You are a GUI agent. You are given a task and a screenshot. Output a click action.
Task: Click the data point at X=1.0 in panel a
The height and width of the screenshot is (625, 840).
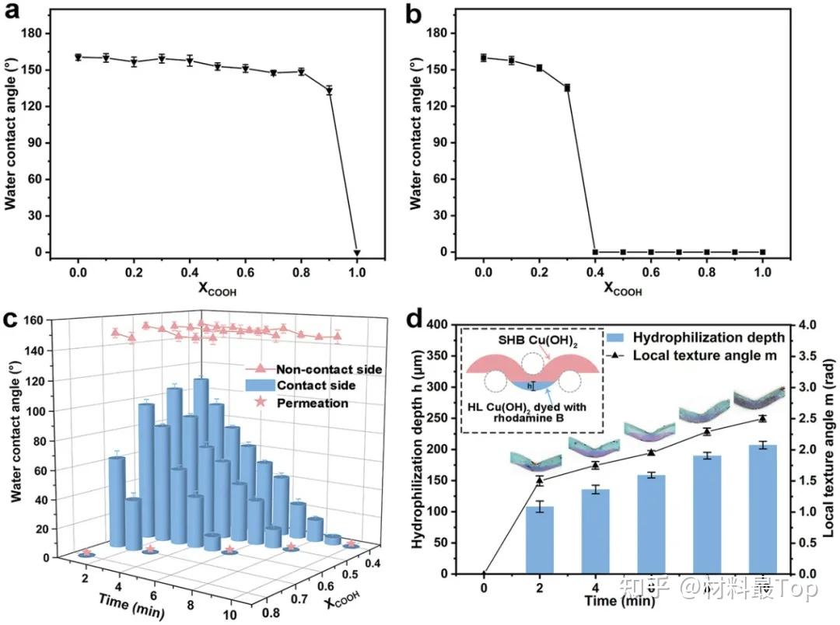pyautogui.click(x=357, y=253)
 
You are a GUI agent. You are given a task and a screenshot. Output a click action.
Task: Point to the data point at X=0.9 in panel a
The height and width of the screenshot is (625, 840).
pyautogui.click(x=329, y=90)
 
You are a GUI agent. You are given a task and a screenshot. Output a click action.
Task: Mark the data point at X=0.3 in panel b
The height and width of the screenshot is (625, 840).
pyautogui.click(x=567, y=88)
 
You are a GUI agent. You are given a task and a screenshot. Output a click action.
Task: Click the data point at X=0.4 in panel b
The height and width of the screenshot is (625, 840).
pyautogui.click(x=595, y=252)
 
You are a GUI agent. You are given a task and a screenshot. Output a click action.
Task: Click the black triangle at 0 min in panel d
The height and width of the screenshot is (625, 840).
pyautogui.click(x=484, y=574)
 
